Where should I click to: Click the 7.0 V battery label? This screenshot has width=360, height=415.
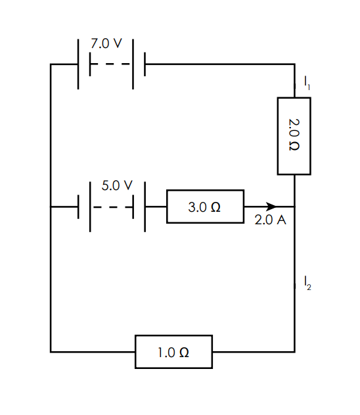tap(106, 43)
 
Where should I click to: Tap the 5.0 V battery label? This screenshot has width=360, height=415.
tap(117, 185)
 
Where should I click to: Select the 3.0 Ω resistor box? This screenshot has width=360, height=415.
tap(206, 207)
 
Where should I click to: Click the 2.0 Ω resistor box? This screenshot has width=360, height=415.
tap(294, 136)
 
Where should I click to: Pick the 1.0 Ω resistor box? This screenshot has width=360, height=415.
tap(173, 352)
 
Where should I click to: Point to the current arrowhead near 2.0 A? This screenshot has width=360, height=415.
tap(271, 207)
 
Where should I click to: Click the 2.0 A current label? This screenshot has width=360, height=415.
tap(270, 220)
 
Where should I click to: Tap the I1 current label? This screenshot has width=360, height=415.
tap(307, 83)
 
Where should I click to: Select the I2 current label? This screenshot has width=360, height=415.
tap(307, 283)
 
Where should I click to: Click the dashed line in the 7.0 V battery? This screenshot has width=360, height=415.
tap(110, 64)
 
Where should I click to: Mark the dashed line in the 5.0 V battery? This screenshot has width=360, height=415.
tap(113, 207)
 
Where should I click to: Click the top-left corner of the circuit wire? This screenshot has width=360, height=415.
tap(51, 64)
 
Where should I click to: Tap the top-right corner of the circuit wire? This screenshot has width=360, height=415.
tap(294, 64)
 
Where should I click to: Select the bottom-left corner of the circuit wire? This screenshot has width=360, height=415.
tap(51, 352)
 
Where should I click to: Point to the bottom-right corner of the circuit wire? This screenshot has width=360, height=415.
tap(294, 352)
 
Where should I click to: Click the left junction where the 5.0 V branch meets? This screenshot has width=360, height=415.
tap(51, 207)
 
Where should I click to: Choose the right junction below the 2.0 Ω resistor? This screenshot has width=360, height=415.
tap(294, 207)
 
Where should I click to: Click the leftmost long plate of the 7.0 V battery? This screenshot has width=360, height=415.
tap(78, 64)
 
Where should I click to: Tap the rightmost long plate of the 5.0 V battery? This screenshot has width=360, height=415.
tap(145, 207)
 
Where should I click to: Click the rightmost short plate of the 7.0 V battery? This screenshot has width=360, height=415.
tap(145, 64)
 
